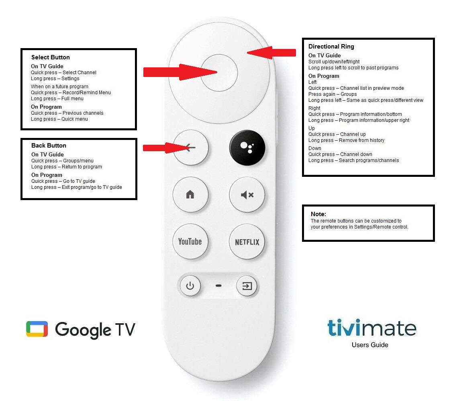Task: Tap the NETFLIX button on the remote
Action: point(247,242)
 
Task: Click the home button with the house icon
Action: point(190,195)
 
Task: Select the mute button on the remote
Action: point(247,195)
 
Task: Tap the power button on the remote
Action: point(190,286)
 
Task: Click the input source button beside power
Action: point(247,286)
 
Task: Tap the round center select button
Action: point(219,73)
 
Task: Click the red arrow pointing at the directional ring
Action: point(271,53)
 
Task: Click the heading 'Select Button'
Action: point(51,57)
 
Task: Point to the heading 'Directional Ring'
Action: point(331,47)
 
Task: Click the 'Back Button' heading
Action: point(49,145)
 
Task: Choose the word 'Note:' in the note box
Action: point(318,214)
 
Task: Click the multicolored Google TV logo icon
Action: point(37,329)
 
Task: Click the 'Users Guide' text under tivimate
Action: point(370,345)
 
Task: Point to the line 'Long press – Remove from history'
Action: point(346,140)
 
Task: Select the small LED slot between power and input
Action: point(218,286)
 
